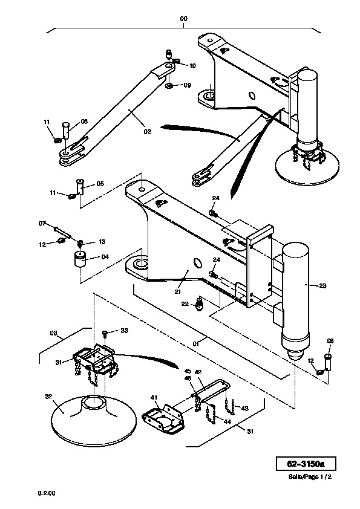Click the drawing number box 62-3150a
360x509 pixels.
(x=306, y=464)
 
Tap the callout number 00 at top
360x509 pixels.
(x=183, y=19)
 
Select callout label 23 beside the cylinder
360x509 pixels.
(x=322, y=286)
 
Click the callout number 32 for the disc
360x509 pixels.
(x=48, y=397)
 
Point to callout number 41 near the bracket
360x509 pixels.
(x=154, y=397)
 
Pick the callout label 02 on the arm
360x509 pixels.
(x=148, y=131)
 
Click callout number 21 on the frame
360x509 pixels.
(x=177, y=291)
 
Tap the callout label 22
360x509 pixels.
(x=185, y=304)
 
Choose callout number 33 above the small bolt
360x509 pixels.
(x=124, y=331)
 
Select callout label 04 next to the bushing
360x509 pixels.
(x=105, y=257)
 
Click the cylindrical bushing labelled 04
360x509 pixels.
(x=80, y=259)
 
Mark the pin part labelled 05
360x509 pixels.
(x=80, y=187)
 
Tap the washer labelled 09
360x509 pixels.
(x=169, y=86)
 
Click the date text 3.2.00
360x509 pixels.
(x=47, y=493)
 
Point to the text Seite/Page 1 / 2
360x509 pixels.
(x=310, y=476)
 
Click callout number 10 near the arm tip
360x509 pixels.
(x=192, y=66)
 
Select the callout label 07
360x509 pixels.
(x=42, y=224)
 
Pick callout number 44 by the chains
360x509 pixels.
(x=227, y=421)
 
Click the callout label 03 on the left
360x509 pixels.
(x=54, y=332)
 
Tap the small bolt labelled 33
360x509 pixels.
(x=105, y=332)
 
